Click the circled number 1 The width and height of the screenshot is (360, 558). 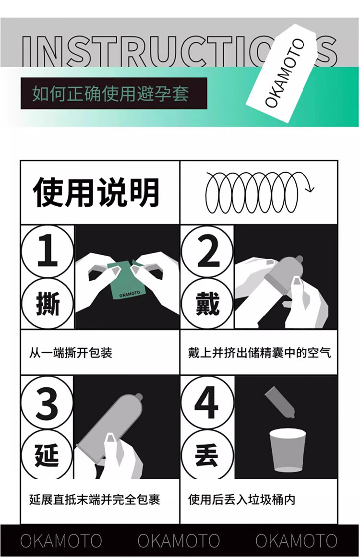(x=48, y=251)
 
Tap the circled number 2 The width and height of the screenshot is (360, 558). (x=207, y=251)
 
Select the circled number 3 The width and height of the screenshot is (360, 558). (x=48, y=402)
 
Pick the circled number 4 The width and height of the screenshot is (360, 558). (x=207, y=402)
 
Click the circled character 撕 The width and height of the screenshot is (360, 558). (x=48, y=304)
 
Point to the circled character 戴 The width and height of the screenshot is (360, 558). (x=207, y=304)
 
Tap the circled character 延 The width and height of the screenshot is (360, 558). (x=48, y=454)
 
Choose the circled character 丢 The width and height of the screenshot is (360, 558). (x=207, y=454)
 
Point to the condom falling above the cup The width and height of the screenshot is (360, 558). (x=280, y=402)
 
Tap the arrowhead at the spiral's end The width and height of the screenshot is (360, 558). (x=311, y=189)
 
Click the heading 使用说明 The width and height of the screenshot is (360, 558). (x=96, y=192)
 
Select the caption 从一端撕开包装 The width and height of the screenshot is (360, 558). (x=71, y=353)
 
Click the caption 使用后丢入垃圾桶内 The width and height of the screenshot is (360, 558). (x=242, y=499)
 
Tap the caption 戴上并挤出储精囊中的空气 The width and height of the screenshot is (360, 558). (x=260, y=353)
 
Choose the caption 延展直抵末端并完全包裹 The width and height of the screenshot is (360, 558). (x=95, y=499)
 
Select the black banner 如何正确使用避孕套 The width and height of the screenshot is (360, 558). (x=114, y=93)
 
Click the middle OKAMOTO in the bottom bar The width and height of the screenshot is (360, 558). (x=179, y=541)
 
